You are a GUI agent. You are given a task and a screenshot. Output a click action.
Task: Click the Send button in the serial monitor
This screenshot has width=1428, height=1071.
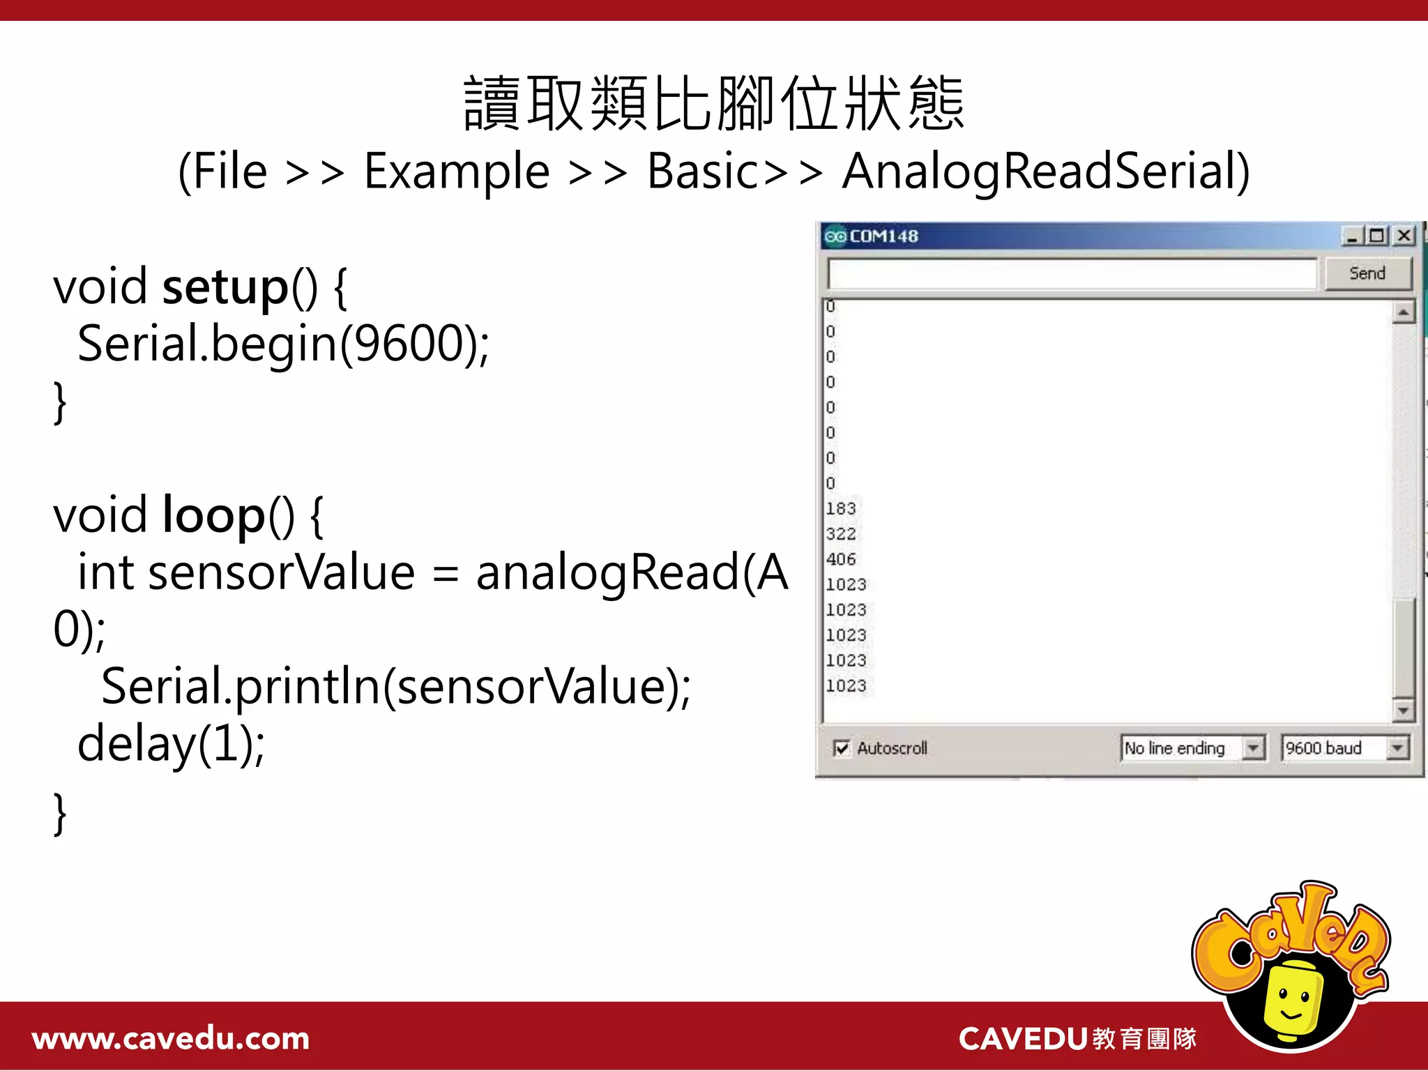(1367, 273)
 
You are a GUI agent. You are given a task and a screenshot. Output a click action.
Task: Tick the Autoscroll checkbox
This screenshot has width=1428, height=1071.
(842, 749)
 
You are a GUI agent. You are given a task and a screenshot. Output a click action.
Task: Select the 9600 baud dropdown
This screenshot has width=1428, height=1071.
(1344, 748)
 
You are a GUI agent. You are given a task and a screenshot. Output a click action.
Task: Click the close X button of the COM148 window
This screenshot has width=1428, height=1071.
(1404, 236)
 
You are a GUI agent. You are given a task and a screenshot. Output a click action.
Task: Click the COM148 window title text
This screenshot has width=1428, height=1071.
(883, 236)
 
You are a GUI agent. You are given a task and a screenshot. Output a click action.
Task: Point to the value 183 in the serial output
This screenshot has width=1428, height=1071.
(840, 508)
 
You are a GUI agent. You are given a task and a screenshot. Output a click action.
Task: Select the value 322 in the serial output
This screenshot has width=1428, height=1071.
(840, 534)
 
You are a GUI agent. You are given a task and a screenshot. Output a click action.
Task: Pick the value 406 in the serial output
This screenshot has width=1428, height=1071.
(840, 559)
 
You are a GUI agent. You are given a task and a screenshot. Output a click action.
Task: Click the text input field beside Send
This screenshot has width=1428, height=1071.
(1072, 273)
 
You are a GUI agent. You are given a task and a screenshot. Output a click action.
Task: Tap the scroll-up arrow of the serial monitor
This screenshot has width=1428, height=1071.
(1403, 312)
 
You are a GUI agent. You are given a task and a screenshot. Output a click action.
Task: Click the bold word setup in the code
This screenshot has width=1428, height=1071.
(225, 287)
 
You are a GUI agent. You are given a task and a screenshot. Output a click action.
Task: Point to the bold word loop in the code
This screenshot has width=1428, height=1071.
(213, 515)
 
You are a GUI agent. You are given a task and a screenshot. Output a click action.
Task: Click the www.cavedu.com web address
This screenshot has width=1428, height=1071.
(171, 1039)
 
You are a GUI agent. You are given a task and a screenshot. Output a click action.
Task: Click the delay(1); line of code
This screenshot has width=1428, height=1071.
(171, 744)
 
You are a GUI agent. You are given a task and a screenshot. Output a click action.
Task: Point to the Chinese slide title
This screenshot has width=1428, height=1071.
(713, 105)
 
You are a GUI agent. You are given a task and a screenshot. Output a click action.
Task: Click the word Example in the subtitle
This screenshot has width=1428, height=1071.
(457, 172)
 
